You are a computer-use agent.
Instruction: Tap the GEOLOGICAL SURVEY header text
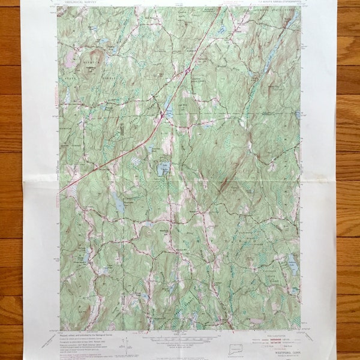[78, 2]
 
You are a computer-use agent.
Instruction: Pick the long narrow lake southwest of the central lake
[120, 205]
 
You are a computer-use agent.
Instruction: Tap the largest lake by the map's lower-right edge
[292, 262]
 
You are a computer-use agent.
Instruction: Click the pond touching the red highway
[169, 109]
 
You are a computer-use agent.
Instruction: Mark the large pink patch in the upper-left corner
[71, 58]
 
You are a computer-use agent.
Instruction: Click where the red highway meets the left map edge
[59, 192]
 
